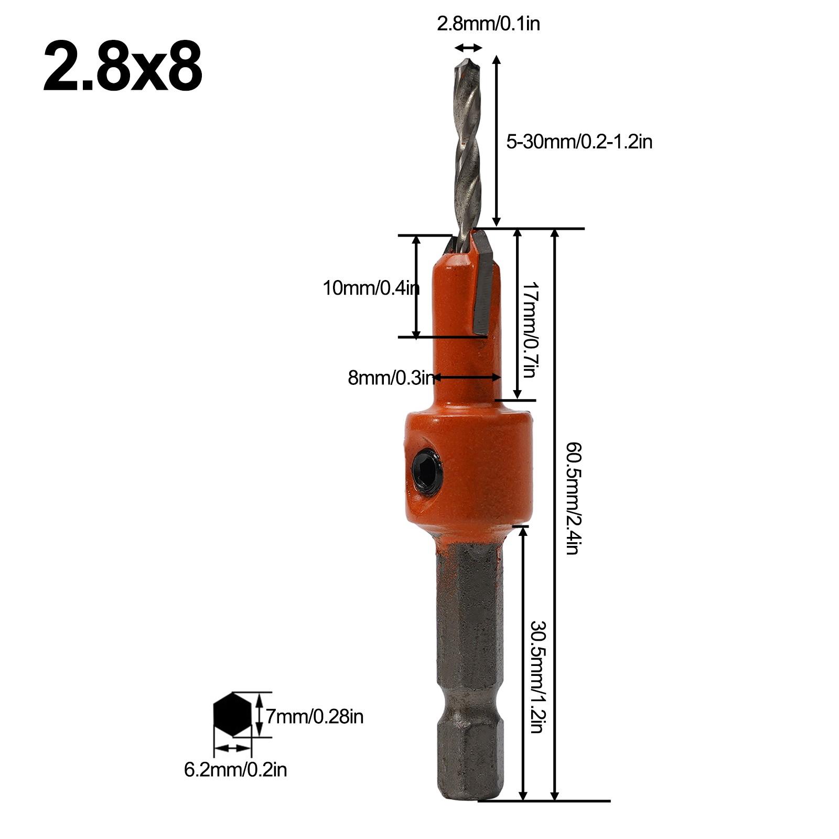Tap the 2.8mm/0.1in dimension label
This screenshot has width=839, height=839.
tap(488, 24)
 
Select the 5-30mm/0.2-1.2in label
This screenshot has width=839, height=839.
tap(579, 142)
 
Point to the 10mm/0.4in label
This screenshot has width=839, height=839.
tap(371, 288)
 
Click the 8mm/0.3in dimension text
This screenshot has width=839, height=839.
tap(391, 378)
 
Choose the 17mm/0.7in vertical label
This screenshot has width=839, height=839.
tap(529, 330)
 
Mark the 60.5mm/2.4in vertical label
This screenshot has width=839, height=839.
tap(572, 498)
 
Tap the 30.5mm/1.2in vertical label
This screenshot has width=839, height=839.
tap(538, 677)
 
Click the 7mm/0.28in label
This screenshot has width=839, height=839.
tap(314, 716)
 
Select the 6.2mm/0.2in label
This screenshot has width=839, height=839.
tap(235, 770)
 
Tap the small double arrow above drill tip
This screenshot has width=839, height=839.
tap(468, 48)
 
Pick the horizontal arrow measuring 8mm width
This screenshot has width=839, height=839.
tap(467, 377)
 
